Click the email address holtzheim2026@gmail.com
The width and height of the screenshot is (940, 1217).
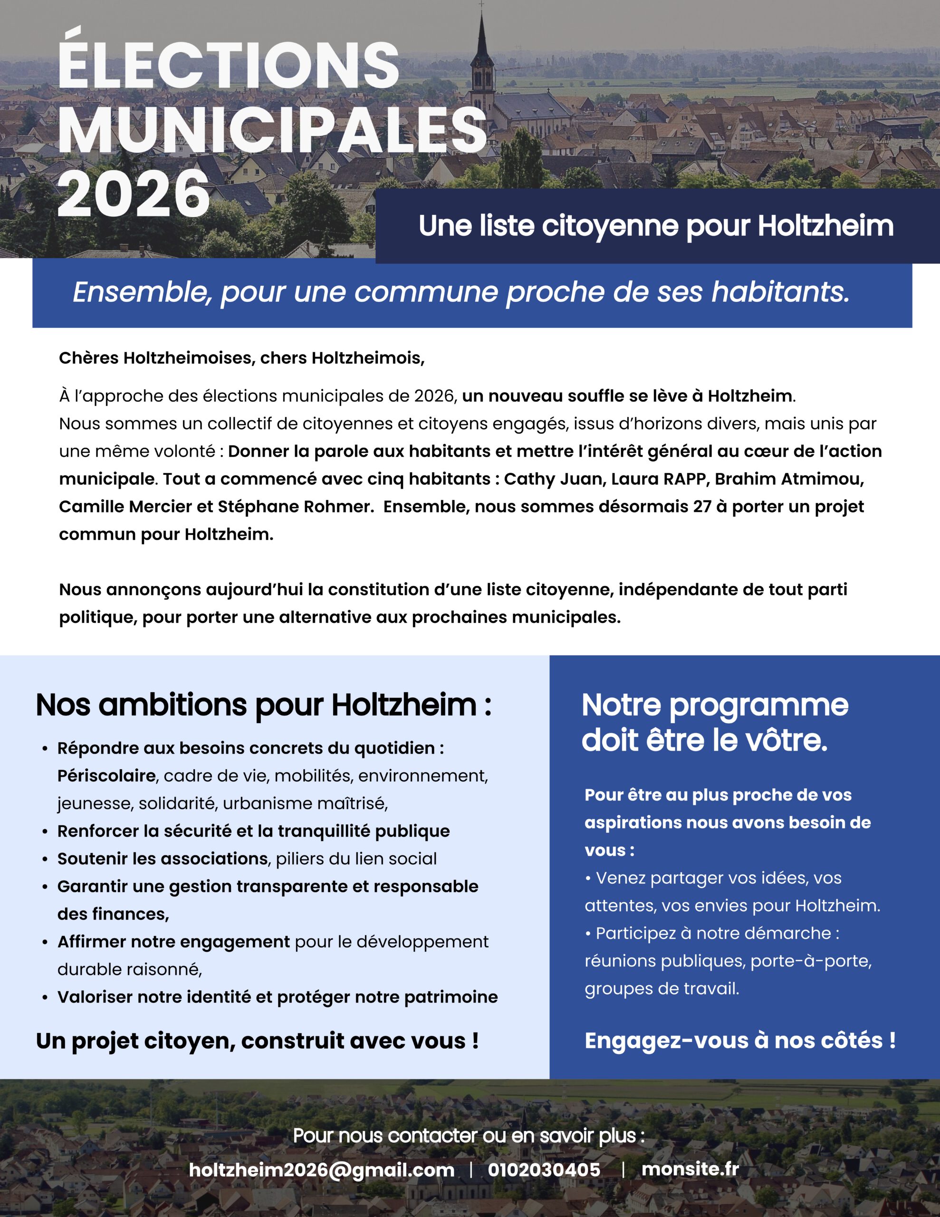pyautogui.click(x=322, y=1169)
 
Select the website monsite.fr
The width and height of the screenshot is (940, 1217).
pyautogui.click(x=690, y=1169)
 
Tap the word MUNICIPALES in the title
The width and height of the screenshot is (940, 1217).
pyautogui.click(x=272, y=130)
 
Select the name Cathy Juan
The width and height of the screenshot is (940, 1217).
pyautogui.click(x=555, y=479)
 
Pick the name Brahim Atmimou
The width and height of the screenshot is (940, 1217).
pyautogui.click(x=789, y=479)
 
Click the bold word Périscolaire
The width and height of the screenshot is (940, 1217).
pyautogui.click(x=106, y=776)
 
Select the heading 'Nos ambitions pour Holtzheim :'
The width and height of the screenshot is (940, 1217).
pyautogui.click(x=264, y=705)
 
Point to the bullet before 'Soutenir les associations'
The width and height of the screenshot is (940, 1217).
pyautogui.click(x=45, y=859)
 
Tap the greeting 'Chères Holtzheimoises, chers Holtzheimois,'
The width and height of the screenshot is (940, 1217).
pyautogui.click(x=242, y=358)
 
